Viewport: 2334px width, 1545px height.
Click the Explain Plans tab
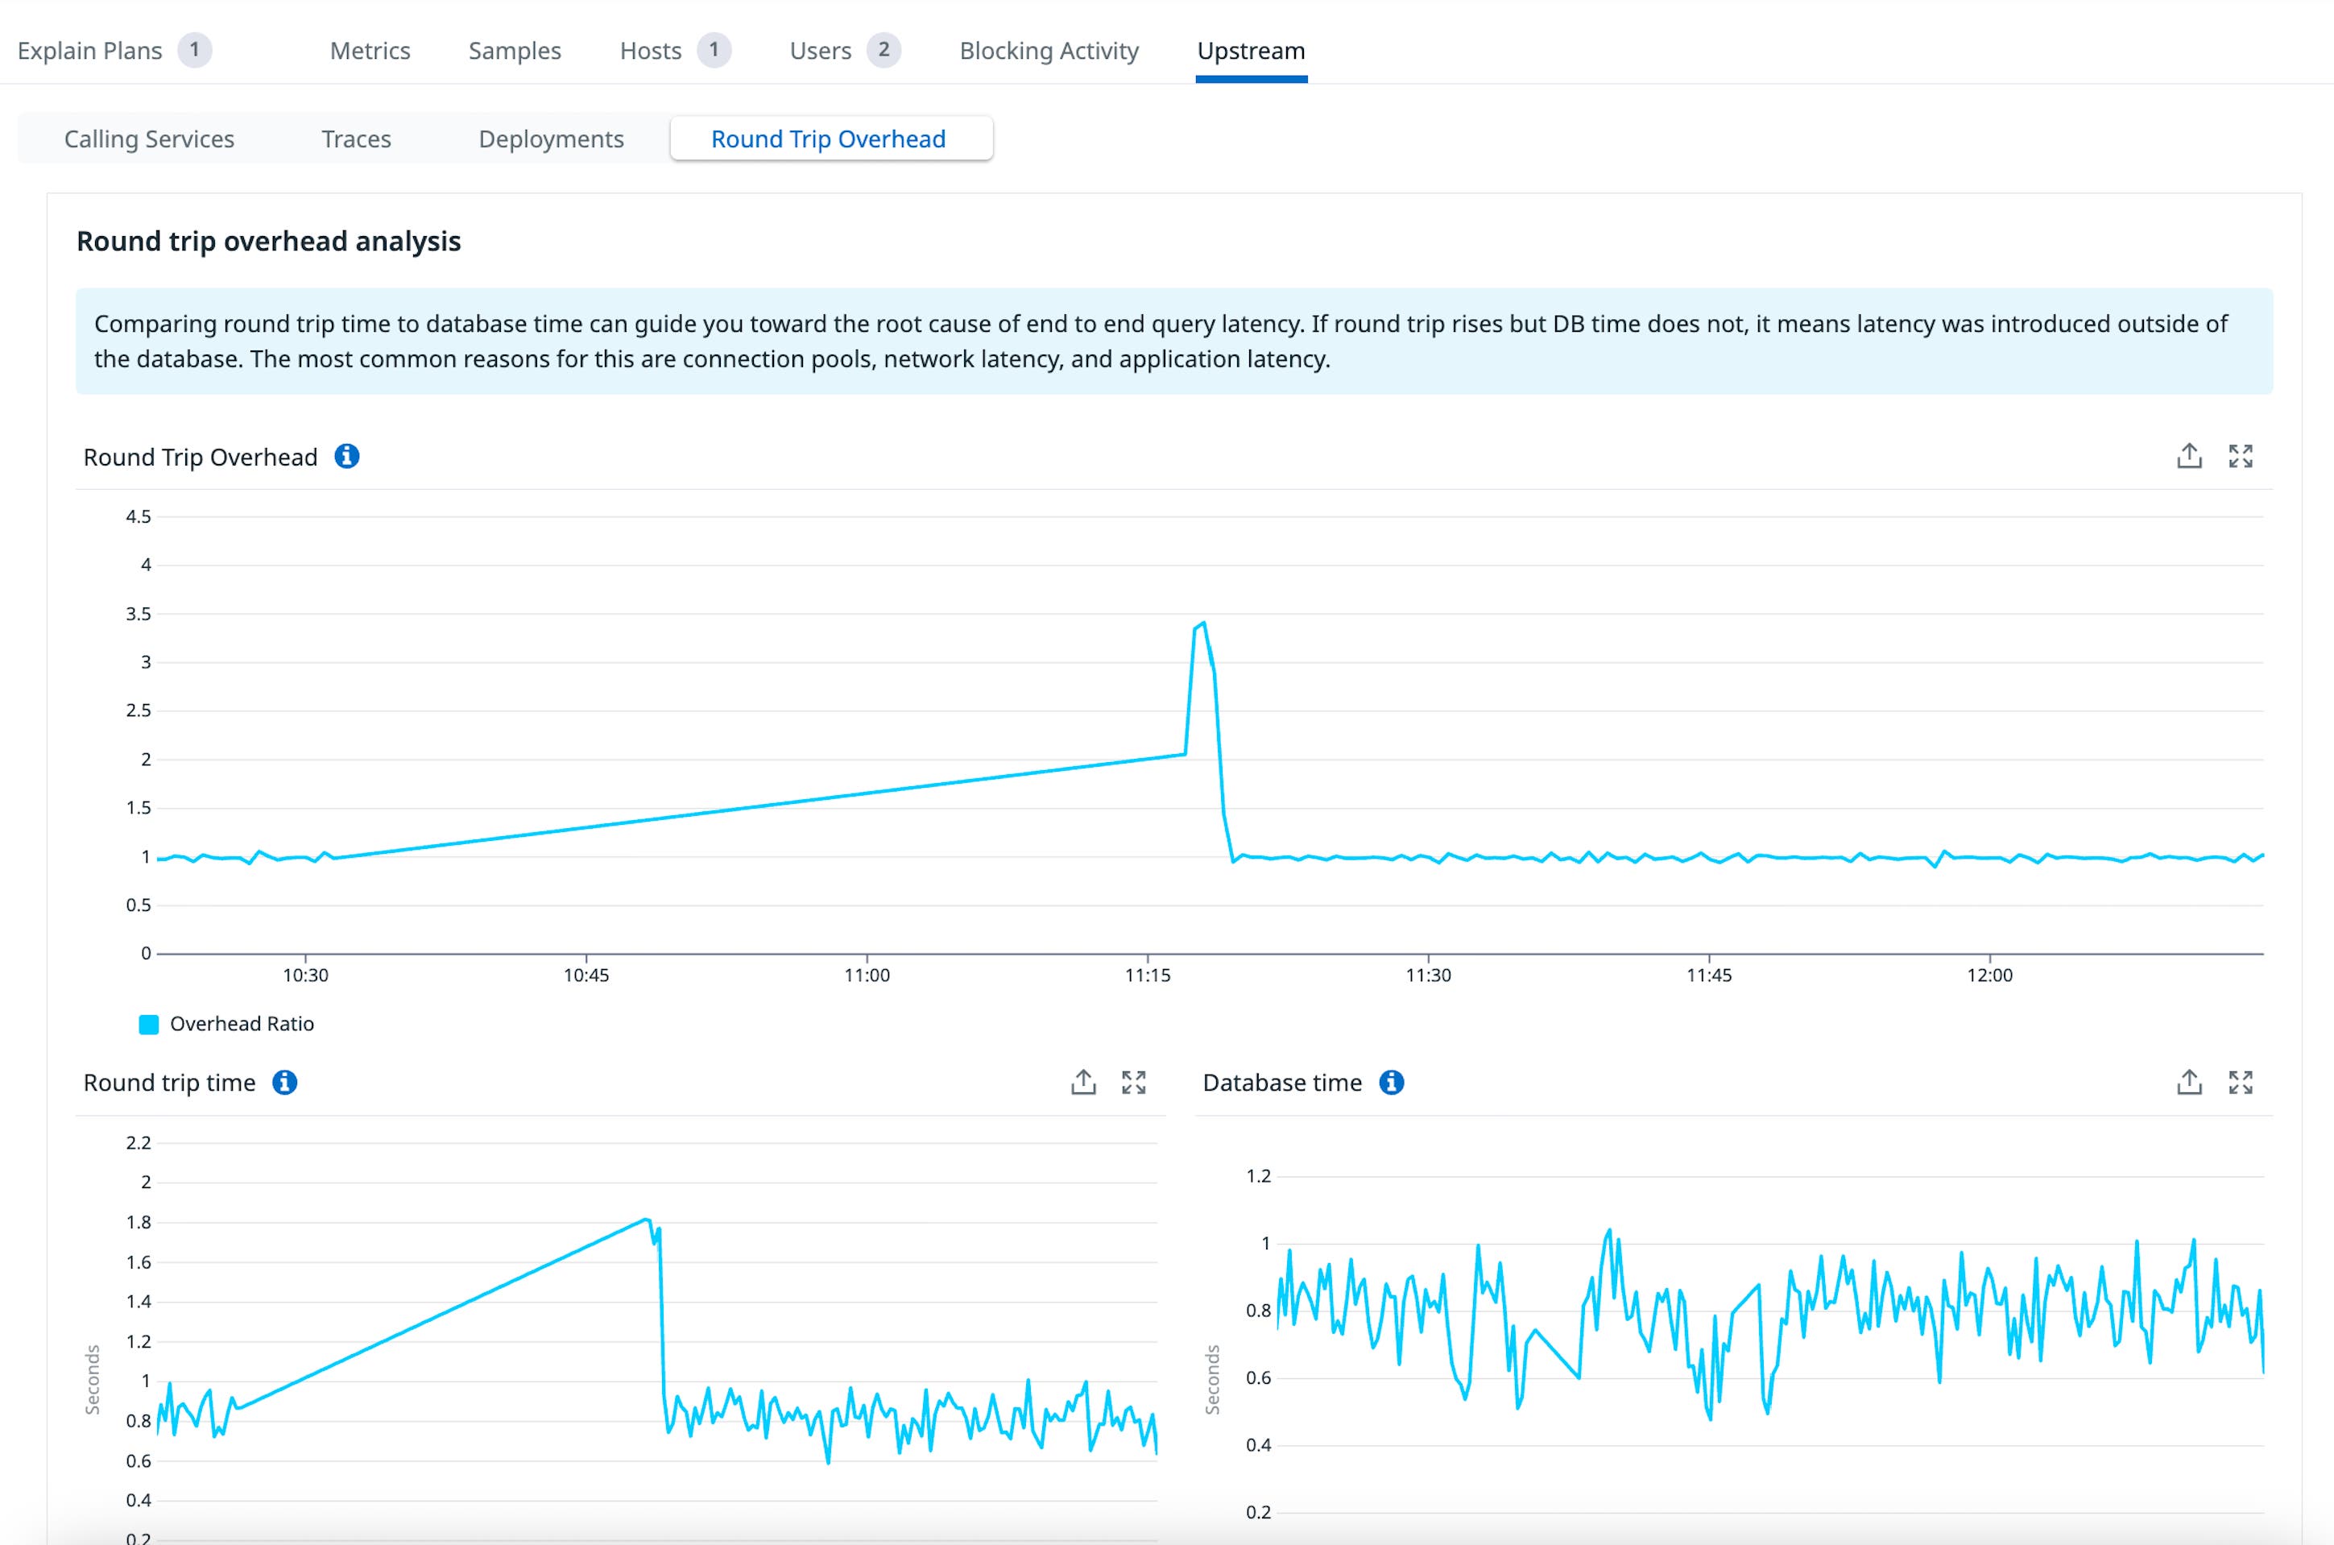[89, 50]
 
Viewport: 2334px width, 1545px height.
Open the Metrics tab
[370, 50]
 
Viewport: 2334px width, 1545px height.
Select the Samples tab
[515, 50]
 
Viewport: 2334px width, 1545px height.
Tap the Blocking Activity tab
[1049, 50]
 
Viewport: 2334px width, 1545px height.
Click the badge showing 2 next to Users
[884, 49]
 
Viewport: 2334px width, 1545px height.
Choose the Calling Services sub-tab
[149, 139]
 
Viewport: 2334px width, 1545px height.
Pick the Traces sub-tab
[356, 139]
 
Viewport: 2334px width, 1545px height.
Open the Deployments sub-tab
[551, 139]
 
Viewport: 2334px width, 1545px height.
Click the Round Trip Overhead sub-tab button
[829, 139]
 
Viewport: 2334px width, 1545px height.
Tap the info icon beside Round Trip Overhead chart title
[347, 456]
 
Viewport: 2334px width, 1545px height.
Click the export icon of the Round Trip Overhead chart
[2188, 455]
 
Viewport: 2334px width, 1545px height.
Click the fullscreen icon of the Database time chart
[2241, 1082]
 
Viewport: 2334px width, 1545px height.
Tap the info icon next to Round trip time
[285, 1082]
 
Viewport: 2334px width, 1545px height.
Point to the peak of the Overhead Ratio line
[1203, 623]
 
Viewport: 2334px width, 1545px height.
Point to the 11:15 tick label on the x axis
[1147, 975]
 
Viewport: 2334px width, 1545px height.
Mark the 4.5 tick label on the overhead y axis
[138, 516]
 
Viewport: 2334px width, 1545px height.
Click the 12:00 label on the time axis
[1989, 975]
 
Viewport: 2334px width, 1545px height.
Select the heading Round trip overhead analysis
[268, 242]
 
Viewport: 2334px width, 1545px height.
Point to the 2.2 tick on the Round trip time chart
[138, 1143]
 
